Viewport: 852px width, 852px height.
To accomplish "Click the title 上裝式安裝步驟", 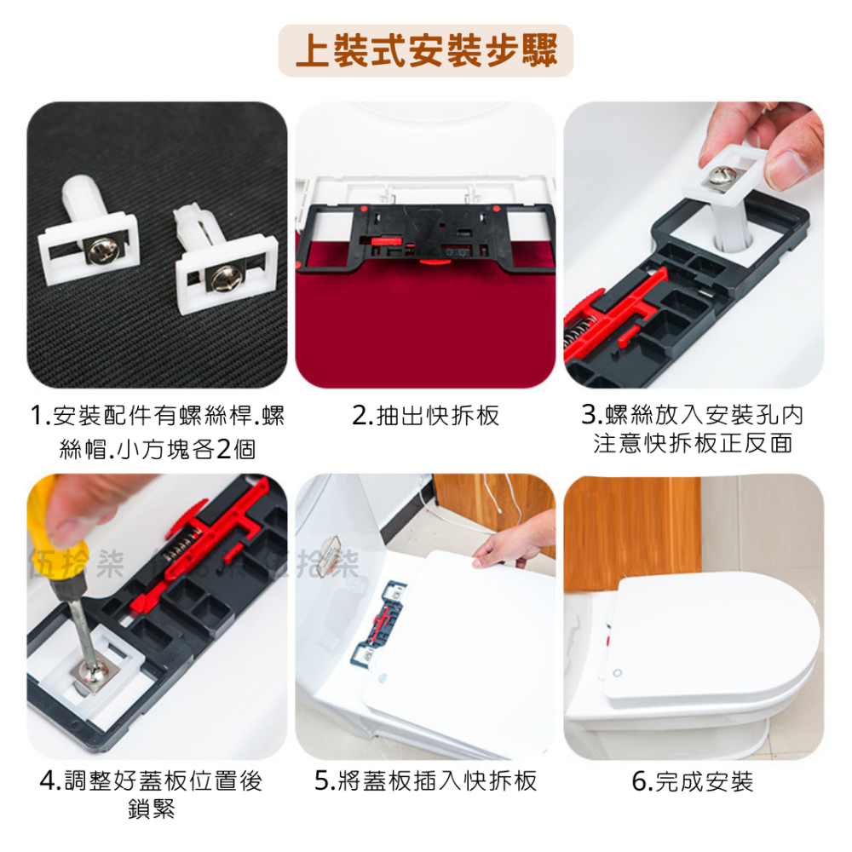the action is (426, 51).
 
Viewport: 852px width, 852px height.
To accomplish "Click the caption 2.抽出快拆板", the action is (425, 416).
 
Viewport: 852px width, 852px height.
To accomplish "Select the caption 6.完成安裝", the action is (693, 781).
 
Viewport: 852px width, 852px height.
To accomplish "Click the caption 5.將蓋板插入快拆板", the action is (425, 780).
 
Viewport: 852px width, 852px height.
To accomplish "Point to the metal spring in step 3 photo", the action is (575, 332).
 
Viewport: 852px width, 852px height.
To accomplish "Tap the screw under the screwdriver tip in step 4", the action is (89, 672).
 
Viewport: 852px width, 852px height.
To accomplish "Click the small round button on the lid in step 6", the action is (617, 673).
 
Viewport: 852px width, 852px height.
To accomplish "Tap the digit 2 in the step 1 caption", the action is (222, 449).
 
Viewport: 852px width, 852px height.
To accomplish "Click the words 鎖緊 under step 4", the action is (152, 809).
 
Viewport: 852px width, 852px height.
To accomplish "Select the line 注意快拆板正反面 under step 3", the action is (693, 443).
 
